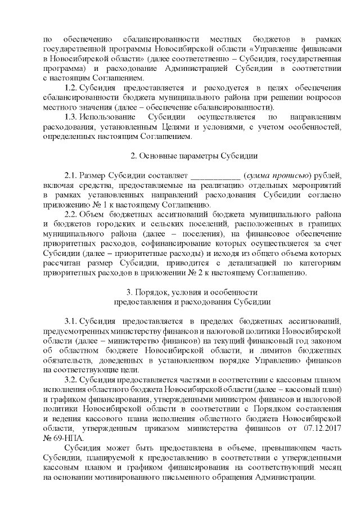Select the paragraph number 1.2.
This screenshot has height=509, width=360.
pos(71,88)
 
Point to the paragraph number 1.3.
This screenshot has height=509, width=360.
pos(71,116)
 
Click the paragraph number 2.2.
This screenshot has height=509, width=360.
pos(71,215)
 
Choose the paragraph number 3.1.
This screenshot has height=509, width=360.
pos(71,321)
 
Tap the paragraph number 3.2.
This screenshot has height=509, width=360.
pos(71,380)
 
